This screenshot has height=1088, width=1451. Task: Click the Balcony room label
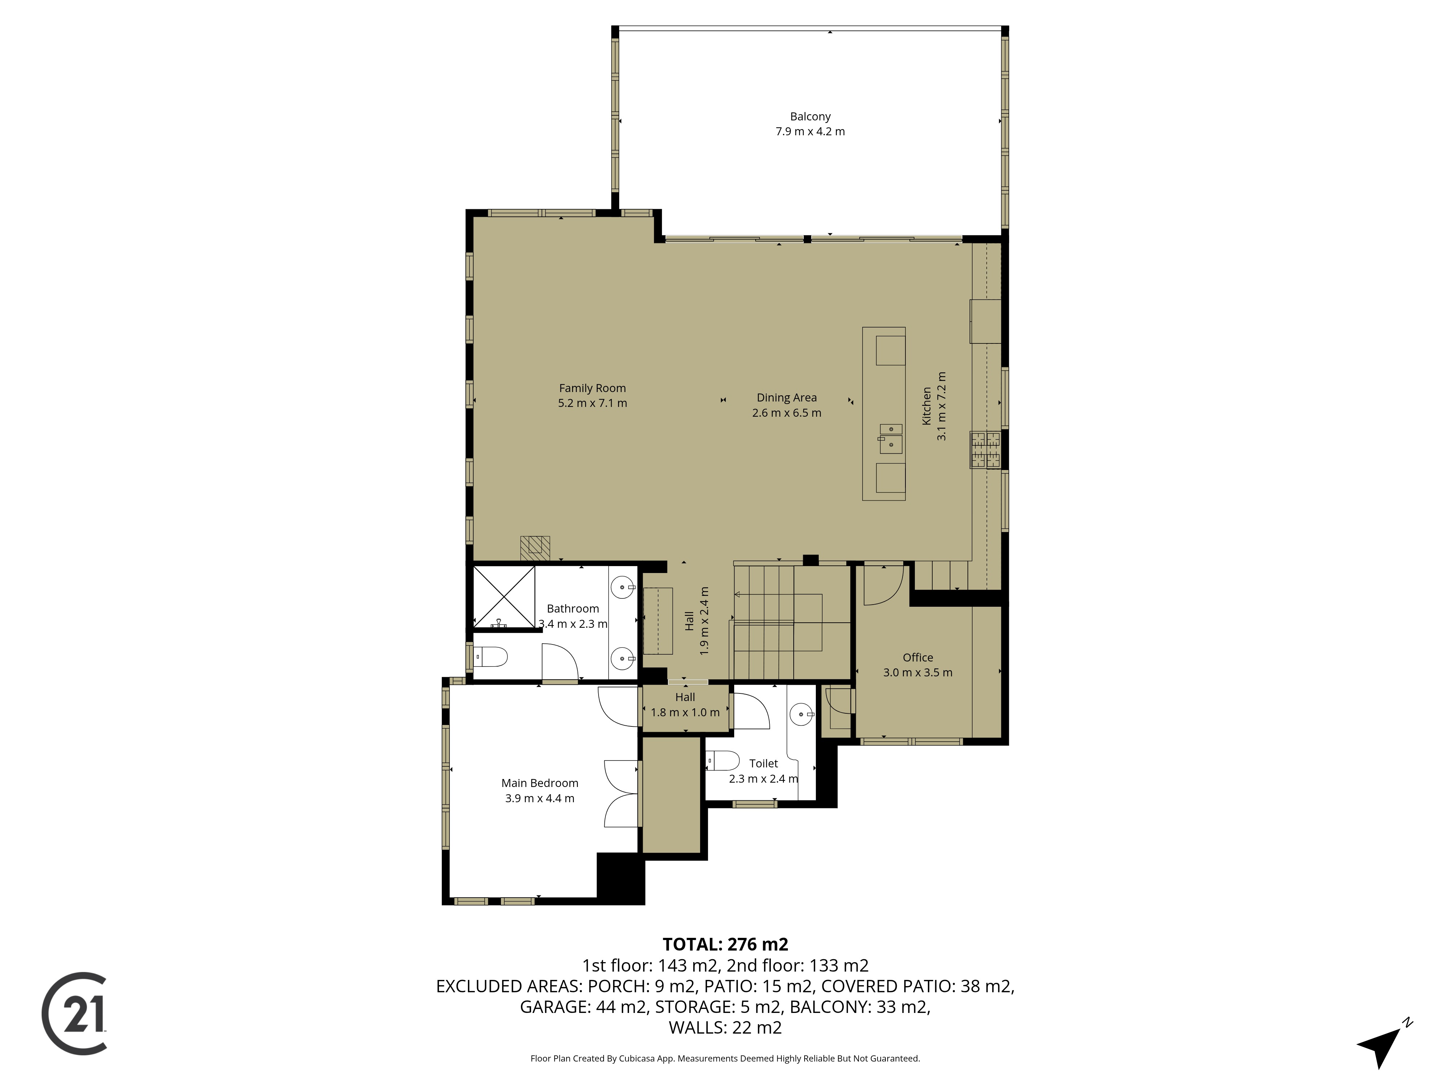[x=810, y=117]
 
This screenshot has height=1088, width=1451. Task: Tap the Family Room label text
[x=592, y=388]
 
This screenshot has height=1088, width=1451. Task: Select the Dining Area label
[x=786, y=397]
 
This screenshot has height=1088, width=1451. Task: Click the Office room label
[x=918, y=657]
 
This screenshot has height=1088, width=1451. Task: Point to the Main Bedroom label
[x=540, y=783]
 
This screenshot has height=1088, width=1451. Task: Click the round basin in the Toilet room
[x=802, y=714]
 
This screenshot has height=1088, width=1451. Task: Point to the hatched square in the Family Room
[x=535, y=548]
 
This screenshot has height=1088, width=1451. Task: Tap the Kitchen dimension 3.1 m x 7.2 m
[x=942, y=406]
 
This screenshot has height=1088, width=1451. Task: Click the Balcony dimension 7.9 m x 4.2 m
[x=810, y=132]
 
